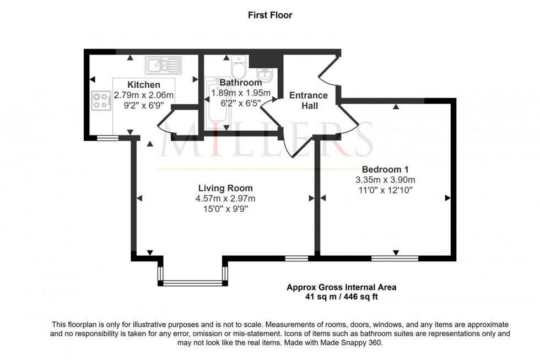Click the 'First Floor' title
269,15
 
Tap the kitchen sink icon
163,66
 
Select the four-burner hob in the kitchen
101,100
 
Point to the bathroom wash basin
264,73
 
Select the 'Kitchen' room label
144,84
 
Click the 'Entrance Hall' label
309,100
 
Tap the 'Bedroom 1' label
385,169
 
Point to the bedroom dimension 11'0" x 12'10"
385,190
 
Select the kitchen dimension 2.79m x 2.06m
144,94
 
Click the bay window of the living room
192,283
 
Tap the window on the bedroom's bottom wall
395,257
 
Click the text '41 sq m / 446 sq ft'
341,297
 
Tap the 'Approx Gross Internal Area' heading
341,287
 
